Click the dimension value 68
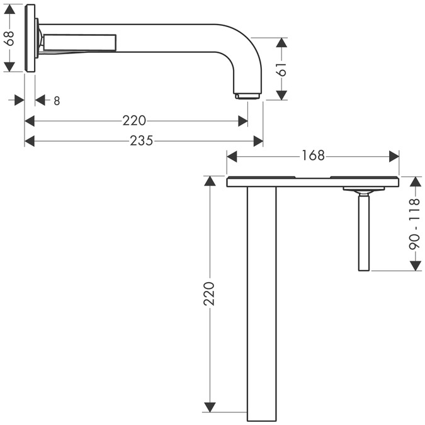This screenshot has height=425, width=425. [x=9, y=38]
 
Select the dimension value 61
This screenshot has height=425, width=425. [x=282, y=69]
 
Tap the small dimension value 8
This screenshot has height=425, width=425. [x=57, y=101]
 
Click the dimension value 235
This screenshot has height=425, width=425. [x=142, y=140]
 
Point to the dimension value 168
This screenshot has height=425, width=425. [x=313, y=156]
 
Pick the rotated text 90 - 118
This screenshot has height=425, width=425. [x=415, y=224]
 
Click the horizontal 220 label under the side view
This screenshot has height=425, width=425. [x=134, y=121]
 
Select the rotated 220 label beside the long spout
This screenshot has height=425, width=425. [x=209, y=294]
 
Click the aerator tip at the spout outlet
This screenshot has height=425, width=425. [x=247, y=96]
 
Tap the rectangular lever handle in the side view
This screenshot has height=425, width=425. [x=80, y=43]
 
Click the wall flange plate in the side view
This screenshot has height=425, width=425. [x=30, y=38]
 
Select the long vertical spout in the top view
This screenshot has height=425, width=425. [x=261, y=303]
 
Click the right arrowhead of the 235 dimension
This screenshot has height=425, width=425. [x=258, y=141]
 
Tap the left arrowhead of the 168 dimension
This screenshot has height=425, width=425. [x=232, y=157]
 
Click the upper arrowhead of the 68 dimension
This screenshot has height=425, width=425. [x=9, y=9]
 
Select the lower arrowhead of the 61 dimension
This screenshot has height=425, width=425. [x=282, y=95]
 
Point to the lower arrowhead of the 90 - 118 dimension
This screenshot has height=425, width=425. [x=416, y=266]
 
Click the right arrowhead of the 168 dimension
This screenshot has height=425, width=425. [x=394, y=157]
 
